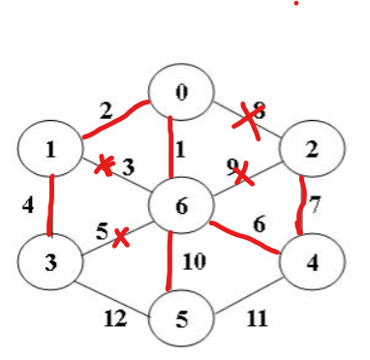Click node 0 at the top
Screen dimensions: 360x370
click(x=180, y=93)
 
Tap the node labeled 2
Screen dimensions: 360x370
click(x=310, y=149)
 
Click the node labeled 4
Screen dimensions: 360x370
click(x=310, y=262)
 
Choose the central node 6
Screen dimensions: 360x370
click(x=180, y=206)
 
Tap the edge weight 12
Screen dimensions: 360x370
click(x=114, y=316)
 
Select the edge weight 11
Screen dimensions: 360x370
click(x=256, y=317)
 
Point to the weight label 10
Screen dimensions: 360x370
click(x=193, y=262)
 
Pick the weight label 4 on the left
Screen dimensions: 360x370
click(x=26, y=206)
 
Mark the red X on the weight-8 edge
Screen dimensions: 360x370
click(x=250, y=121)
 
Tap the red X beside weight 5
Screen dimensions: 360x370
click(x=120, y=237)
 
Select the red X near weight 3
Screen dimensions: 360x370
click(x=104, y=166)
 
